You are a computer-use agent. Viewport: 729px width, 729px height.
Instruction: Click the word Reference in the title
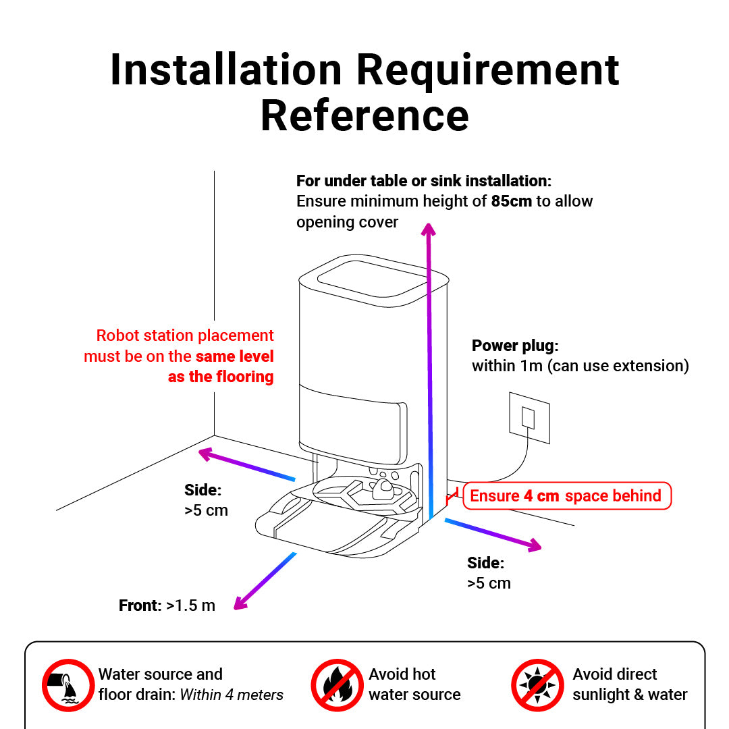tap(364, 115)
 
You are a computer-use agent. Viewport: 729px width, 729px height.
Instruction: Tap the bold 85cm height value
tap(511, 201)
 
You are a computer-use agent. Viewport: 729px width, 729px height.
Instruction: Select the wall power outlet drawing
tap(529, 417)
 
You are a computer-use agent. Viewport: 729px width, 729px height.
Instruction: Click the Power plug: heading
tap(515, 346)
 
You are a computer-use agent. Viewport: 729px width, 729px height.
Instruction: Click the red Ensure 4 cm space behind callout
tap(566, 495)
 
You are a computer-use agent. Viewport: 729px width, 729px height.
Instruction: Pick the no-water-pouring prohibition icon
tap(67, 684)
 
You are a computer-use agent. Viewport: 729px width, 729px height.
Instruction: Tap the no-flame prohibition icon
tap(337, 684)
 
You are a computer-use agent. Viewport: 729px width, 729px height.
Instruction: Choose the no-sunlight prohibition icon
tap(537, 684)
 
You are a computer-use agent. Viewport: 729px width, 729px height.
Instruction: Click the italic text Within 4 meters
tap(232, 695)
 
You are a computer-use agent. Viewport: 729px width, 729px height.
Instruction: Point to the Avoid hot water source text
tap(414, 684)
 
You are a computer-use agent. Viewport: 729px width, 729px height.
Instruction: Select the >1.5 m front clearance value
tap(190, 605)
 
